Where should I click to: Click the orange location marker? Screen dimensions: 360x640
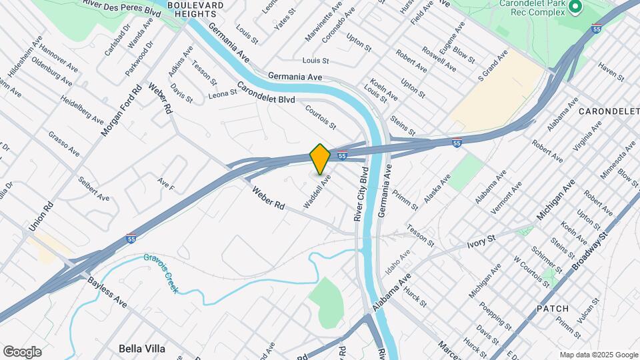click(x=320, y=158)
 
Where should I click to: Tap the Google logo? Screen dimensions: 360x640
click(x=22, y=351)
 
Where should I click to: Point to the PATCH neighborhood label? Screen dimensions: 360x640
click(x=553, y=309)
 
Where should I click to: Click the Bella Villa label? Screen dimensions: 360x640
click(x=141, y=348)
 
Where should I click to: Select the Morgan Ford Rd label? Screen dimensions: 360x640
click(x=122, y=111)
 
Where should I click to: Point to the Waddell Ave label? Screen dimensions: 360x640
click(x=317, y=193)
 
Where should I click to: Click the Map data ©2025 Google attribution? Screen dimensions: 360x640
click(x=599, y=355)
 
